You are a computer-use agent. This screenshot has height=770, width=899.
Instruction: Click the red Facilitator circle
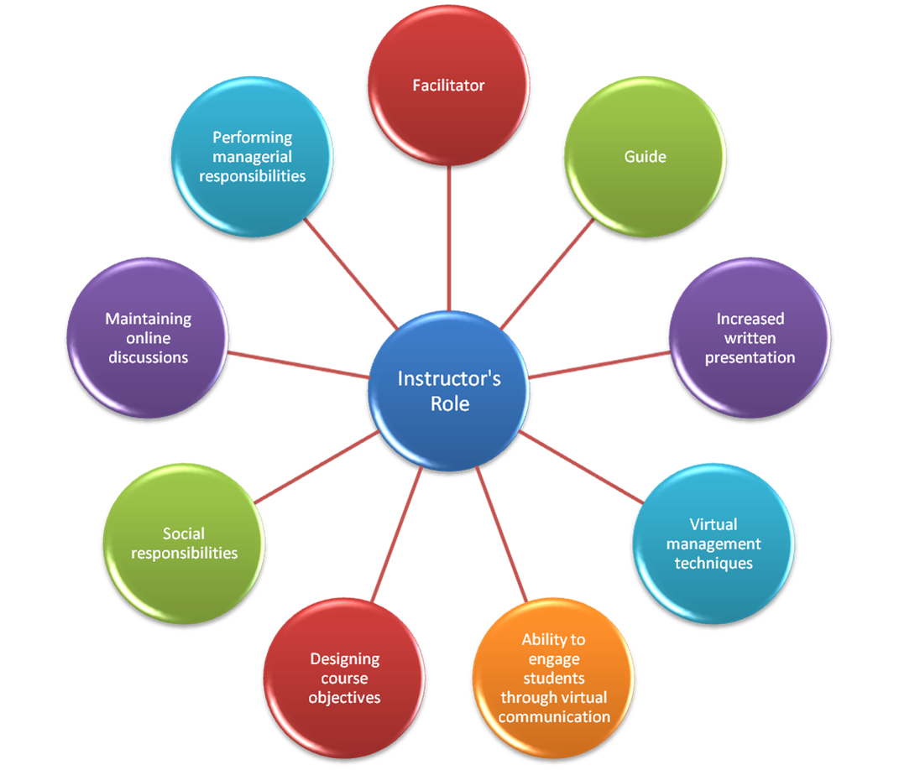pos(449,86)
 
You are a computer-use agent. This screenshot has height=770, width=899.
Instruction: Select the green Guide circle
pos(645,157)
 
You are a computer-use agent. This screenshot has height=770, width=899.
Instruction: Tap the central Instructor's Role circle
pos(449,391)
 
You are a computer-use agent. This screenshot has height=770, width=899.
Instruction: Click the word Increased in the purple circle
pos(750,319)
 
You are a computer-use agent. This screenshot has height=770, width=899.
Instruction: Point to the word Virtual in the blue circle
pos(713,524)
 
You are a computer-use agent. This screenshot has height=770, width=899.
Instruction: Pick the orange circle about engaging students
pos(553,678)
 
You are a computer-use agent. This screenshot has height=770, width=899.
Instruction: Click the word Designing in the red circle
pos(344,659)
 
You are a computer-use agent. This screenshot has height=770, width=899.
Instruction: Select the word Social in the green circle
pos(184,533)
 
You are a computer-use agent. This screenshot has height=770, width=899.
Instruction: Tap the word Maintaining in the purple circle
pos(148,319)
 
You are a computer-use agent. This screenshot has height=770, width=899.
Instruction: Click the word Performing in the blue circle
pos(252,137)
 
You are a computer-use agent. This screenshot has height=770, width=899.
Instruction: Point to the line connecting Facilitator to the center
pos(449,239)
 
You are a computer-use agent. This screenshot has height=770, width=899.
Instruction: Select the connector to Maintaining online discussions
pos(298,365)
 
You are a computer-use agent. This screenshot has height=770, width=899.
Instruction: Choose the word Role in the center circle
pos(450,403)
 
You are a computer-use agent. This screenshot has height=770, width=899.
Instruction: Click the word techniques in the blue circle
pos(713,563)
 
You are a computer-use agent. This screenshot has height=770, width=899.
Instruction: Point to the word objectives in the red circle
pos(344,698)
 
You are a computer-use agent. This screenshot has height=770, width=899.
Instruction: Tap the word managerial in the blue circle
pos(252,157)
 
